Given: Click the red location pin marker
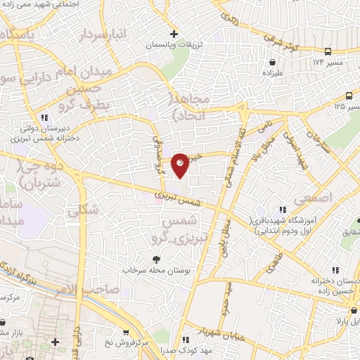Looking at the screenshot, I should [x=181, y=165].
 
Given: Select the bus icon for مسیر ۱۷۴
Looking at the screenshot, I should [x=328, y=52].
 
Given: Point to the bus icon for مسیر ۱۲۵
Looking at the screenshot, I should [x=349, y=96].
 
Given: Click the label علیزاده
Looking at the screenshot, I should [x=272, y=72].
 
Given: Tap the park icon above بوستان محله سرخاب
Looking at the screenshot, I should [x=156, y=259].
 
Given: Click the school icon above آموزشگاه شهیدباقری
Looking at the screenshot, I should [x=283, y=210].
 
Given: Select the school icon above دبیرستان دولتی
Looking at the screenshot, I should [x=45, y=117].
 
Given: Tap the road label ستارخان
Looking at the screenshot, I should [x=314, y=144].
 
